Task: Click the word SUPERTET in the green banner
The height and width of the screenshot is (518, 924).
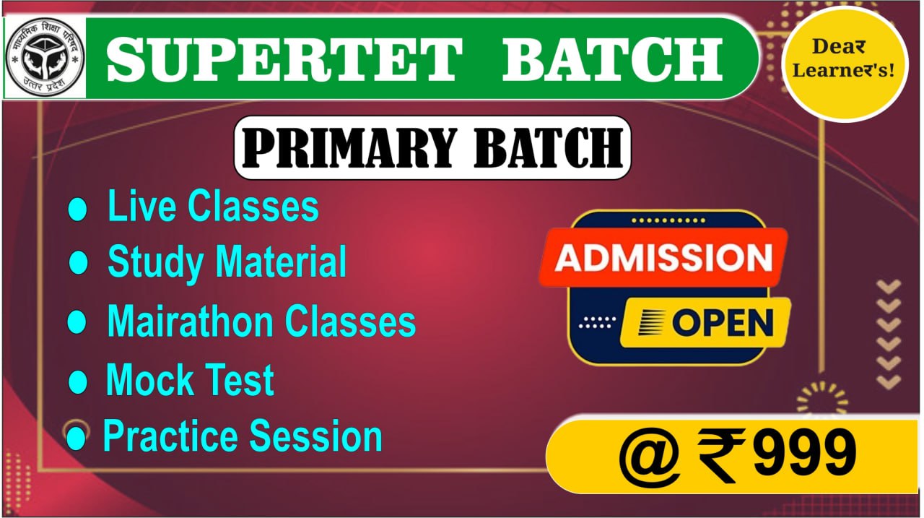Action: tap(284, 59)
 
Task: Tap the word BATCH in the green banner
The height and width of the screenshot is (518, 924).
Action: tap(612, 59)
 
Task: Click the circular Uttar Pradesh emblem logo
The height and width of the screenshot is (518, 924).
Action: tap(45, 58)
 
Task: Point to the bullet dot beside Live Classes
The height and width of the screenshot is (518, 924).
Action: tap(77, 209)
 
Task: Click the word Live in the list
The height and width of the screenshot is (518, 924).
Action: tap(141, 206)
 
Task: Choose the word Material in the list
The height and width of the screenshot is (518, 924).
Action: tap(281, 261)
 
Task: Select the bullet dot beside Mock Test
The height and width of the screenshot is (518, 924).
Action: tap(77, 381)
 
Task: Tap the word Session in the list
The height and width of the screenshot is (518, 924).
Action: tap(316, 436)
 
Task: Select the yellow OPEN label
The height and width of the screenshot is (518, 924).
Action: tap(705, 323)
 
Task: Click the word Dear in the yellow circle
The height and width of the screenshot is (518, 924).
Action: tap(839, 47)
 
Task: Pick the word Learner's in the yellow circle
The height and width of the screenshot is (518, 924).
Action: tap(844, 70)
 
